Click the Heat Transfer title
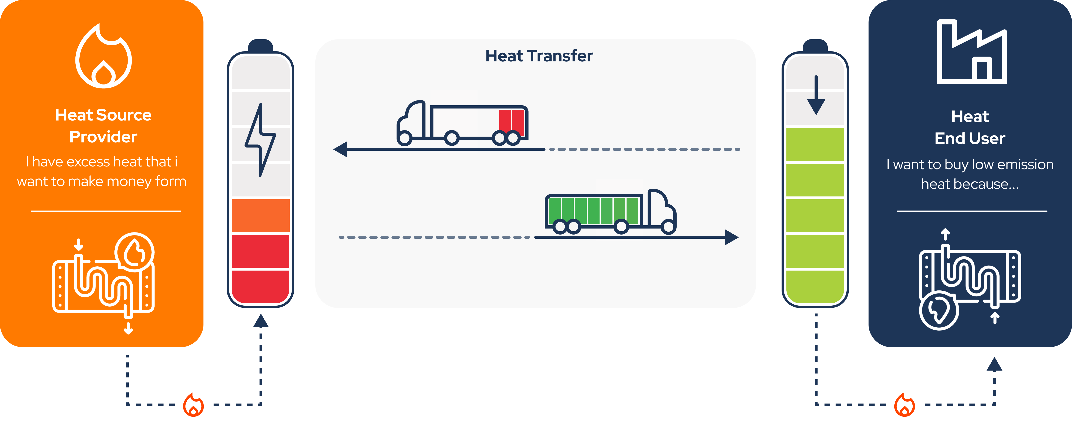point(539,56)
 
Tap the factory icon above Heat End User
point(972,52)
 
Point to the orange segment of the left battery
point(260,215)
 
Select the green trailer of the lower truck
point(593,210)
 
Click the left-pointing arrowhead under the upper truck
point(341,149)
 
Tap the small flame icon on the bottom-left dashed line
point(194,404)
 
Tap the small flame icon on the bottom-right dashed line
point(905,404)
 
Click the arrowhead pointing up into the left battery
point(261,321)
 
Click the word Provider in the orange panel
point(103,137)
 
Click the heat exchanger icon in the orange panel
point(104,279)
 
